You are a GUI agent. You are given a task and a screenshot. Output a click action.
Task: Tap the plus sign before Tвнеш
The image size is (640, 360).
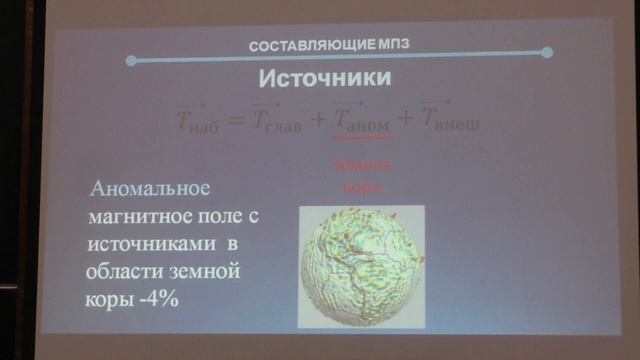pyautogui.click(x=405, y=120)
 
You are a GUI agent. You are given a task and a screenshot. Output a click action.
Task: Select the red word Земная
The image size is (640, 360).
pyautogui.click(x=360, y=165)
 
